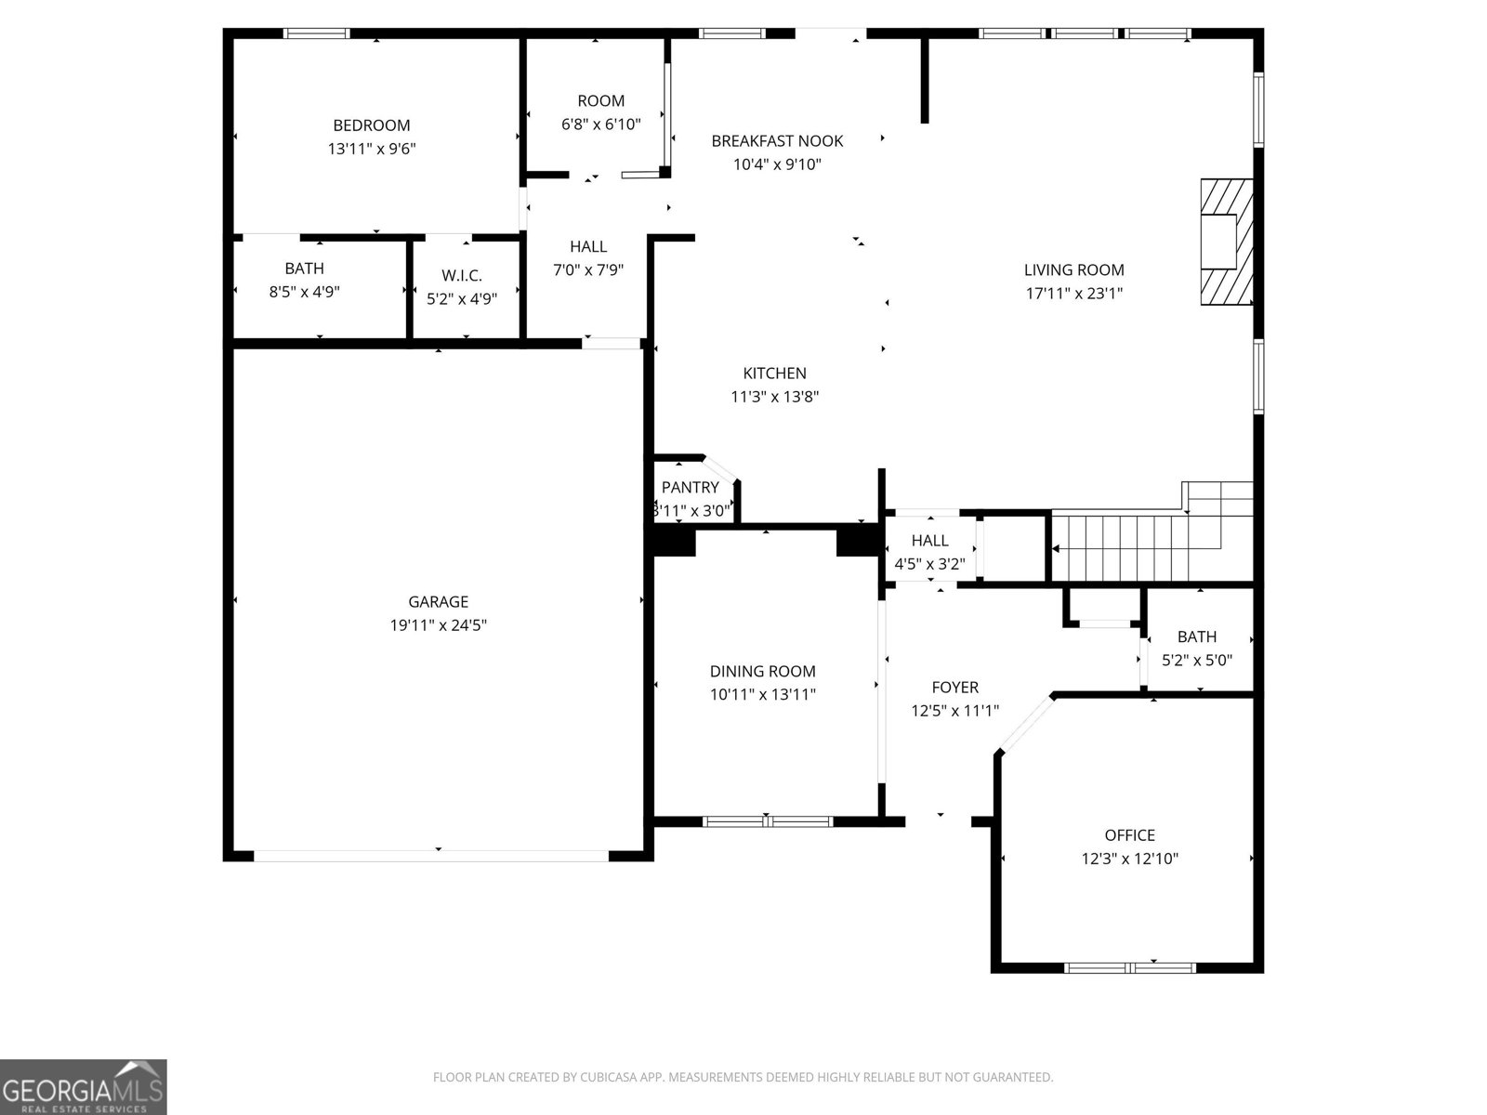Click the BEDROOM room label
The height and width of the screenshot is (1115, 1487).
(x=371, y=125)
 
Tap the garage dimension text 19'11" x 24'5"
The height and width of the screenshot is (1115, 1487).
(x=438, y=625)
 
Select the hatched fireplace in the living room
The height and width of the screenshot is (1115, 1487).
(x=1225, y=242)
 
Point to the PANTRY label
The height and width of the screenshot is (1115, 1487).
(x=690, y=488)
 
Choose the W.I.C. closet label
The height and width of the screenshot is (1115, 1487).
(x=462, y=276)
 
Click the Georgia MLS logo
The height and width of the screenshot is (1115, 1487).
(x=84, y=1086)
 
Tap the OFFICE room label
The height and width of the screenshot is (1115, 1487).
(x=1129, y=835)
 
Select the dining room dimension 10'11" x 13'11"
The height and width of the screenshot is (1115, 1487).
(x=762, y=694)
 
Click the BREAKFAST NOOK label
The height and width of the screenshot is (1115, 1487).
(x=777, y=141)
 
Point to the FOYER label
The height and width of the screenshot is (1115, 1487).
(x=954, y=688)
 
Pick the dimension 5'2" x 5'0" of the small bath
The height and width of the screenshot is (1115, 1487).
(x=1197, y=661)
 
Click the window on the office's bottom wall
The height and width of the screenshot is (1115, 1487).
(x=1129, y=968)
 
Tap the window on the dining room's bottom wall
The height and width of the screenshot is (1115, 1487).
(x=768, y=821)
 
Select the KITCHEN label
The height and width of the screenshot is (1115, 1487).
(x=774, y=374)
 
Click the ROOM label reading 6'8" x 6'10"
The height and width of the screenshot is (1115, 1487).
(x=600, y=101)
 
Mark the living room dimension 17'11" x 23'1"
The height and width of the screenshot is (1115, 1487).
(x=1073, y=294)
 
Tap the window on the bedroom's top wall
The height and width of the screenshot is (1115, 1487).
(x=316, y=33)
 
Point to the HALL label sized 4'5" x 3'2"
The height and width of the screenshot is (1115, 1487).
(x=929, y=541)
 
